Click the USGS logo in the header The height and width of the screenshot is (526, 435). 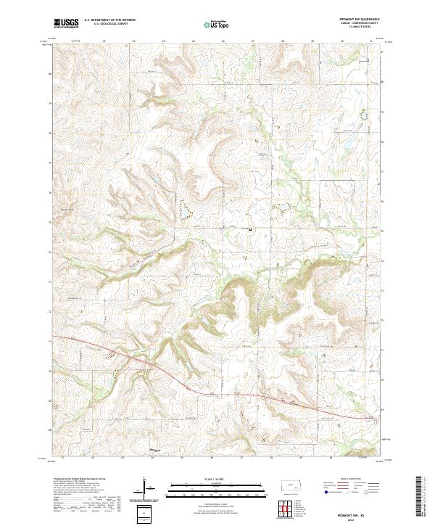click(x=67, y=24)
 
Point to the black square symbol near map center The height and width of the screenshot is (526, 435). click(x=251, y=230)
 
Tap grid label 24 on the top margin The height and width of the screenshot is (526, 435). click(x=163, y=41)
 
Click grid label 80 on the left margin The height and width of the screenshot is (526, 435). click(x=49, y=73)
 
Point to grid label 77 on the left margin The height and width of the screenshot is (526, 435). click(x=49, y=163)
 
